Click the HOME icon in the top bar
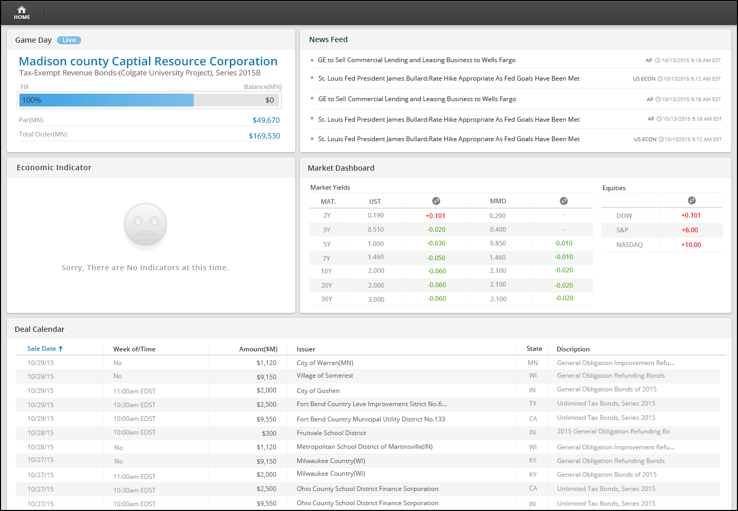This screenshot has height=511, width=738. point(22,13)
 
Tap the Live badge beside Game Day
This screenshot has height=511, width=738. point(69,40)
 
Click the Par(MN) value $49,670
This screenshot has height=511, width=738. point(266,120)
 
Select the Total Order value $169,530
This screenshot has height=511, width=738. point(264,136)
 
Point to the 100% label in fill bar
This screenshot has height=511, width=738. point(31,100)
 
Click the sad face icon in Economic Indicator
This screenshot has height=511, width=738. point(145,225)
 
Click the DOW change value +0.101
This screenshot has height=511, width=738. point(691,215)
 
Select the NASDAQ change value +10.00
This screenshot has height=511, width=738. point(691,244)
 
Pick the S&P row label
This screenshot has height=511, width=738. point(623,230)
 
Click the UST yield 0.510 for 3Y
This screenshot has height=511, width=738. point(375,230)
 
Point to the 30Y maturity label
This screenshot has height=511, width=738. point(326,299)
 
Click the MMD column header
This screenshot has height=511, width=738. point(498,201)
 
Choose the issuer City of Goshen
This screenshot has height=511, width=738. point(318,391)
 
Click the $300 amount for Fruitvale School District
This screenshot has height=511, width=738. point(269,433)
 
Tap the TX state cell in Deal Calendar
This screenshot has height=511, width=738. point(533,404)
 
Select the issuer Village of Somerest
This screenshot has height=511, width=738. point(325,376)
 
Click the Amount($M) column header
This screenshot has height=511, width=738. point(258,349)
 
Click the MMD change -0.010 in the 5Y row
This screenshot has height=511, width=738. point(564,243)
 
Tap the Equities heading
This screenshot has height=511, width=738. point(614,188)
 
